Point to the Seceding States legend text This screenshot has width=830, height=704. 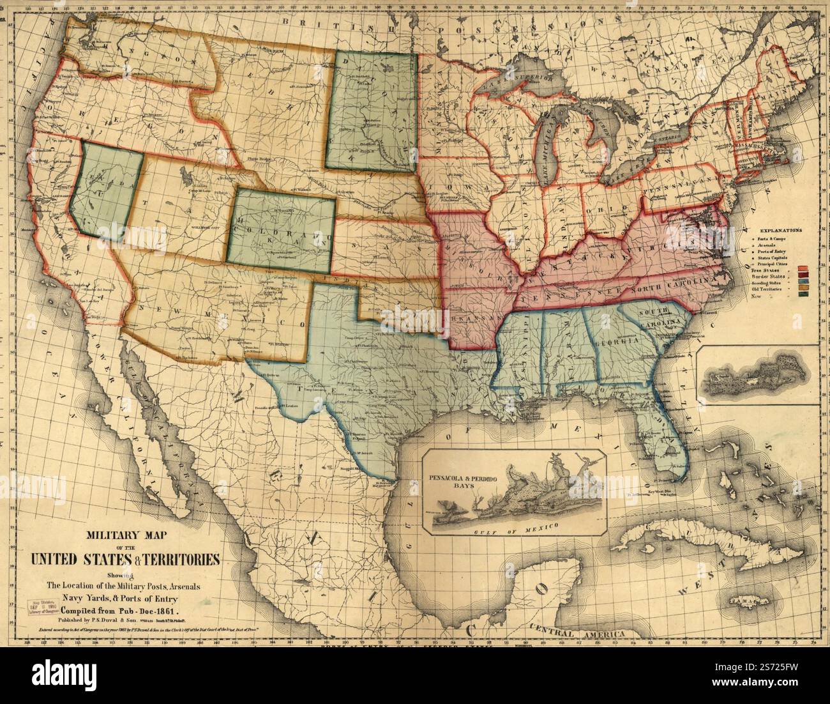click(771, 282)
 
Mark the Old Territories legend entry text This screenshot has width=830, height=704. click(773, 289)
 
